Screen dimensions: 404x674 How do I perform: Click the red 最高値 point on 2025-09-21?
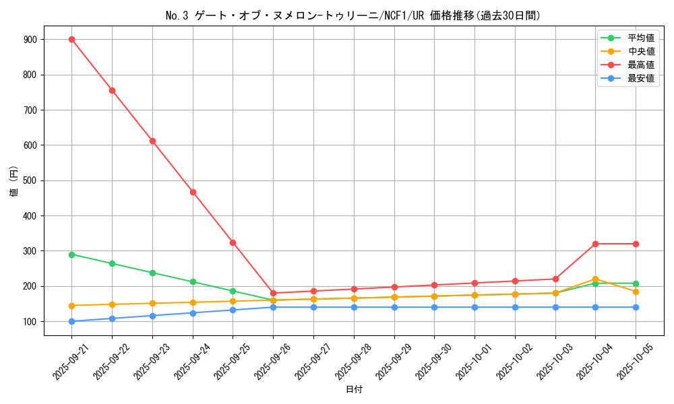[x=71, y=39]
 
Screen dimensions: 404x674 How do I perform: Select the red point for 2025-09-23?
[x=152, y=141]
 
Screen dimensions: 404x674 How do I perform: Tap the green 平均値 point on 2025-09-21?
[x=71, y=255]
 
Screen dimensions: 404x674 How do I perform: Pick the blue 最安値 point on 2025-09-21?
[x=71, y=321]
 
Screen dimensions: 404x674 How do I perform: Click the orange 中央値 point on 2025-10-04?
[x=595, y=279]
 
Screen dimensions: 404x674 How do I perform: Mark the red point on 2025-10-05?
[x=636, y=244]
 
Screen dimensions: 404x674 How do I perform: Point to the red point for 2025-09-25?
[x=233, y=242]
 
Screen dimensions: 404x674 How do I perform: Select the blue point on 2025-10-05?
[x=636, y=307]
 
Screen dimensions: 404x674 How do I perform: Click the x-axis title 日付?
[x=354, y=390]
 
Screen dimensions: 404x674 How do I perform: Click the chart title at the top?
[x=353, y=15]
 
